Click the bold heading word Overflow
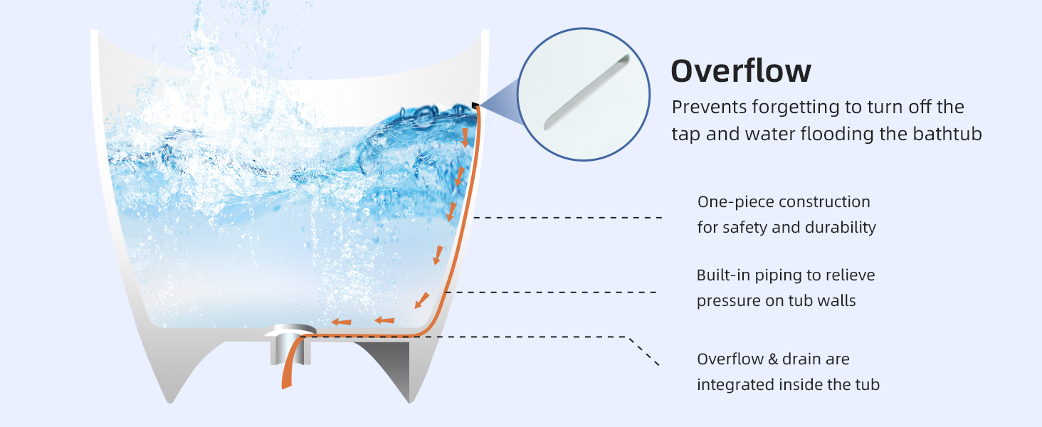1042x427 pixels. point(741,71)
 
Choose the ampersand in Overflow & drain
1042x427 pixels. point(773,359)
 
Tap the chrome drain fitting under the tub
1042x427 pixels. point(290,344)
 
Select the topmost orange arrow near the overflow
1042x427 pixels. point(465,137)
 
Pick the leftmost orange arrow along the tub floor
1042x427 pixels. point(341,322)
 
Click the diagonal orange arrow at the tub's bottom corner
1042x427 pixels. point(422,300)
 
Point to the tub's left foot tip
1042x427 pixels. point(170,401)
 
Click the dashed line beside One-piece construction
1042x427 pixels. point(567,217)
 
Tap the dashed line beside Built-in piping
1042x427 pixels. point(550,292)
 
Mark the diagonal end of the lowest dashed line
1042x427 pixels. point(658,364)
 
